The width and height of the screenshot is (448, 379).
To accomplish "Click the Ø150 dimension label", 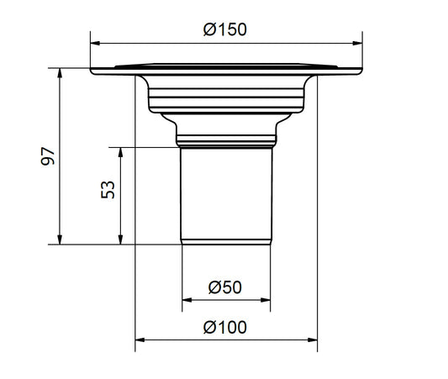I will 225,29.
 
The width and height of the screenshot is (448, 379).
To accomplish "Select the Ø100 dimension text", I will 225,328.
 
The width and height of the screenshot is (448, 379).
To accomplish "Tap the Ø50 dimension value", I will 225,287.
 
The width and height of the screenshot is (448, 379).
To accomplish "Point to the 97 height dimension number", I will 48,156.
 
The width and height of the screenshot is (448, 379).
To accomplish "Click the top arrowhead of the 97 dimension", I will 60,73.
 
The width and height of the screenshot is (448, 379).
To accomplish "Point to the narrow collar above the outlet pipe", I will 226,132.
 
